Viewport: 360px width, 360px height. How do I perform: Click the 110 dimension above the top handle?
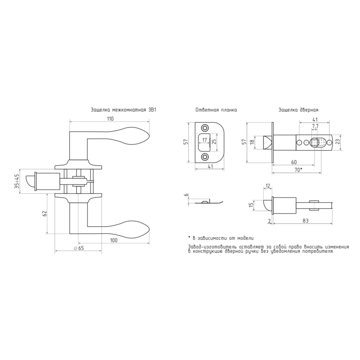(x=110, y=119)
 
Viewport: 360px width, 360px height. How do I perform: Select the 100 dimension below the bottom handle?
(x=114, y=240)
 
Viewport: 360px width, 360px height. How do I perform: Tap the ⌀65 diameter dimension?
(x=79, y=248)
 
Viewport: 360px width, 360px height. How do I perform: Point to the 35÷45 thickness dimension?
(x=17, y=181)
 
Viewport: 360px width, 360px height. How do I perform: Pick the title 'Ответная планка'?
(x=216, y=110)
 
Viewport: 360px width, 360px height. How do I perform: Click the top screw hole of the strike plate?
(x=204, y=128)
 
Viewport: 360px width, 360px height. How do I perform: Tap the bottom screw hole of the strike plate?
(x=204, y=157)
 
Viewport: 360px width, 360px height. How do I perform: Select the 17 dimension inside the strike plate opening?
(x=205, y=139)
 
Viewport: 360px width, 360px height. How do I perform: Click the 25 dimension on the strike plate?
(x=214, y=142)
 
